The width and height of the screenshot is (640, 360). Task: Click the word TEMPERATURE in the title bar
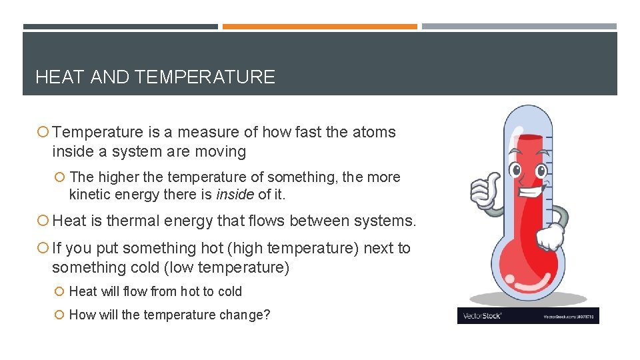click(x=204, y=77)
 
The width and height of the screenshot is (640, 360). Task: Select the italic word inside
click(x=235, y=195)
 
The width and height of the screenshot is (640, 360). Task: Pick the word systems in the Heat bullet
click(x=387, y=220)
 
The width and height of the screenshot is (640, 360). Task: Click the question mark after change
click(x=267, y=315)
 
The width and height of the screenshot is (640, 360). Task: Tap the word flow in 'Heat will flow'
click(x=135, y=291)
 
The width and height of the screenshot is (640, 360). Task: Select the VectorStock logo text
click(x=480, y=315)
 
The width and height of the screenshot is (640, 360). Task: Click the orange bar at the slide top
click(x=319, y=27)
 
